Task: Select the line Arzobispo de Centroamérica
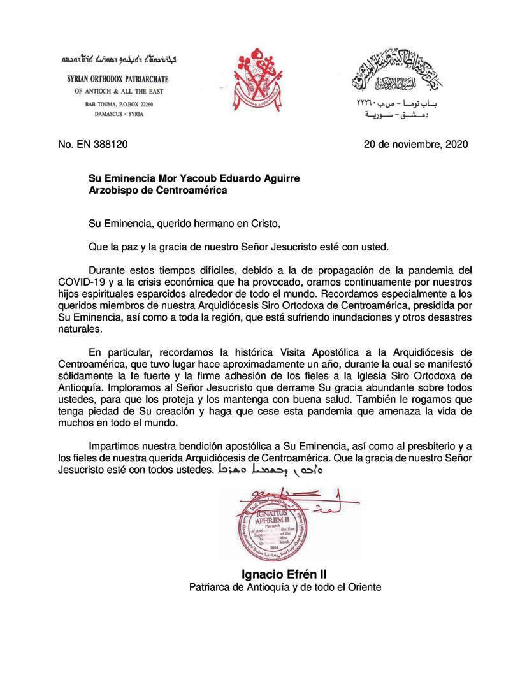(157, 190)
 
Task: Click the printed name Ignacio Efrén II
(284, 573)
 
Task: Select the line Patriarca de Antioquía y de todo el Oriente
(285, 586)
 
